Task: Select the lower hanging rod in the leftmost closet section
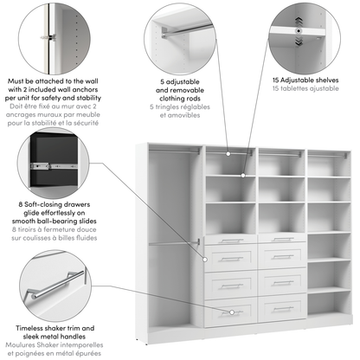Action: pos(169,243)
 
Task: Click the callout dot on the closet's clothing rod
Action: pos(229,153)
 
